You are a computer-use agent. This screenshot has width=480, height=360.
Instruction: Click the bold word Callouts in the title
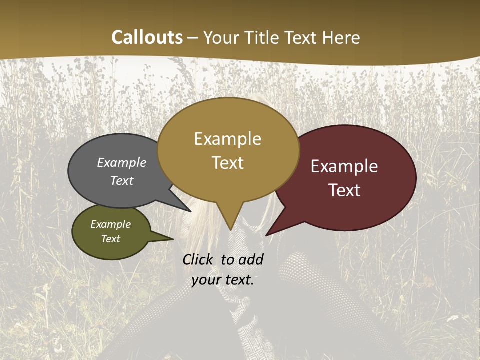click(147, 37)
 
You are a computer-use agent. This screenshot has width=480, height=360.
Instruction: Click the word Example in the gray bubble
click(122, 163)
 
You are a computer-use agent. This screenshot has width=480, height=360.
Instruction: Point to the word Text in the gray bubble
click(122, 180)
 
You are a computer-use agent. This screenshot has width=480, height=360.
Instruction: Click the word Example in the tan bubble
click(228, 139)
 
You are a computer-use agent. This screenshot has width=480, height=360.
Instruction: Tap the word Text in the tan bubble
click(228, 163)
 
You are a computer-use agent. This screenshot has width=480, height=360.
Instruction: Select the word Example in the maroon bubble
click(344, 166)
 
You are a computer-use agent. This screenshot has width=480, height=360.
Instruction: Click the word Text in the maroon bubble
click(344, 190)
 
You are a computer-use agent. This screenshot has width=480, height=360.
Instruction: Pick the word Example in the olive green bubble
click(111, 224)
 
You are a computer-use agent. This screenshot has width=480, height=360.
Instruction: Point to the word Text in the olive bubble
click(111, 239)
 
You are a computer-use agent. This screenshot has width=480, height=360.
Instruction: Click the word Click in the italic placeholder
click(198, 259)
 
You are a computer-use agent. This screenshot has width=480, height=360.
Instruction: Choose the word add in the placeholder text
click(251, 259)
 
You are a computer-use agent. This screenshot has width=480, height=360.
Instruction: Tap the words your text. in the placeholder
click(223, 280)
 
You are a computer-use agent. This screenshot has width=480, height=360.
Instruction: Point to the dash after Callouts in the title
click(193, 38)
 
